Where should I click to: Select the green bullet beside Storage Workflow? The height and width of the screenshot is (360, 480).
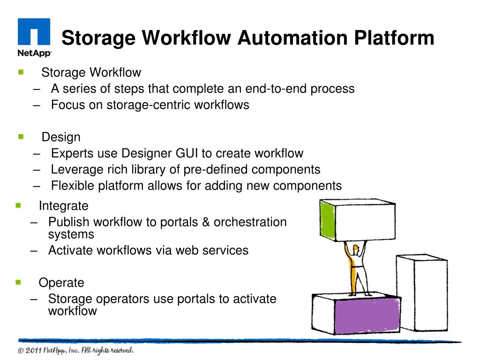[21, 72]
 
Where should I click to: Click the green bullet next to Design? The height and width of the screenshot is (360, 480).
[21, 137]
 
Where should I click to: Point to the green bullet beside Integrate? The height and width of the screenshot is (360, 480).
[18, 205]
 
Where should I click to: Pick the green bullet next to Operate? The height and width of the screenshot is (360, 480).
[18, 282]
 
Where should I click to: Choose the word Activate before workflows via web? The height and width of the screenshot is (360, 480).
[71, 250]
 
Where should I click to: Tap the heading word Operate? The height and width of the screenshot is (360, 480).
[61, 283]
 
